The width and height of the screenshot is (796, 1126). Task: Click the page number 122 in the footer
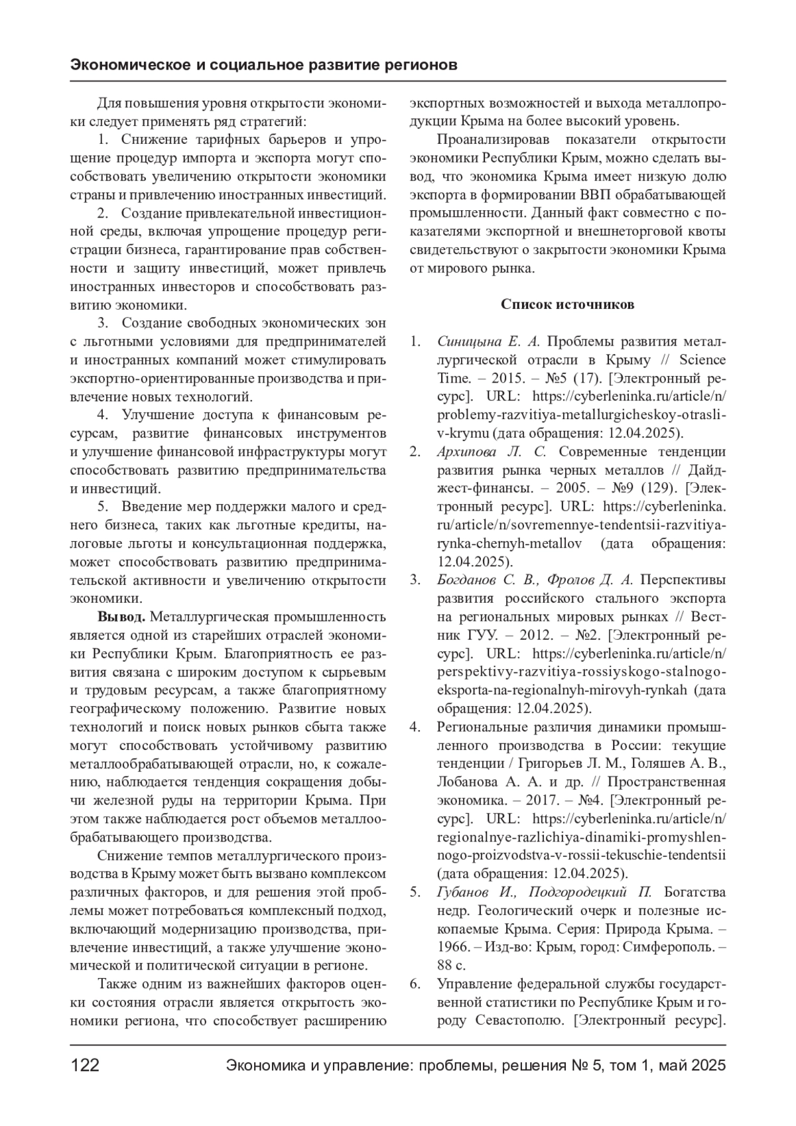click(85, 1066)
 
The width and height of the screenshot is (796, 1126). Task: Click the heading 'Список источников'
click(567, 304)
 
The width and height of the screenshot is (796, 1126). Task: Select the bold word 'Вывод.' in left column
click(121, 617)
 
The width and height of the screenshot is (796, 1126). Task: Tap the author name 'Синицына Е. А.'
click(489, 342)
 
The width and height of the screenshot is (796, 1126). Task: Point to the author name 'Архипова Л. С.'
click(492, 452)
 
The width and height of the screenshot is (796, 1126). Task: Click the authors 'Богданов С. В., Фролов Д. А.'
click(535, 580)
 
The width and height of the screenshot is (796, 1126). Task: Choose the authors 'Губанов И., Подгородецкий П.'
click(545, 892)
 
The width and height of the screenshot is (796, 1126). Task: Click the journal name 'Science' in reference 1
click(702, 360)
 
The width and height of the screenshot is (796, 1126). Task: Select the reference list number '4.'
click(415, 727)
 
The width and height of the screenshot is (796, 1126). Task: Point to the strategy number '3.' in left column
click(103, 323)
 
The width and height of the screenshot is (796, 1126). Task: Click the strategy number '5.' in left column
click(103, 507)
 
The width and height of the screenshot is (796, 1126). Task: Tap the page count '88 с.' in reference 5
click(452, 965)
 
